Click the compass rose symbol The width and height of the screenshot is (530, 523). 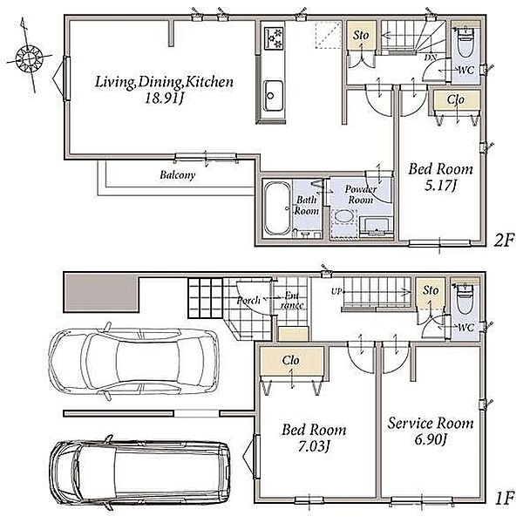coord(30,58)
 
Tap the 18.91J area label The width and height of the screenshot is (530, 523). coord(164,98)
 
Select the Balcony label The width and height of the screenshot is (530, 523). coord(178,175)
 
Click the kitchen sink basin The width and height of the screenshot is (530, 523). coord(273,96)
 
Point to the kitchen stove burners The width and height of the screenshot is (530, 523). coord(274,38)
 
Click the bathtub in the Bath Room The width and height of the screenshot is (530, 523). coord(277,208)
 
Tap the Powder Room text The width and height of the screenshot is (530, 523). coord(361,194)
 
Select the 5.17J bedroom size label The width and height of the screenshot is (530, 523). coord(441,186)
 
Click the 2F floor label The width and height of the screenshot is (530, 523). coord(504,241)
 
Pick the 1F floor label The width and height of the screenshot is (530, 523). coord(505,498)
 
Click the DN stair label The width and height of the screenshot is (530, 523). coord(431,58)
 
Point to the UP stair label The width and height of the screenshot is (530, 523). coord(336,291)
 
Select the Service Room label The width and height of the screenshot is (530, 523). coord(431,424)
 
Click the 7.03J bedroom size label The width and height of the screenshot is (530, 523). coord(314,446)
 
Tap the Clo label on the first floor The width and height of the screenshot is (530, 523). coord(290,360)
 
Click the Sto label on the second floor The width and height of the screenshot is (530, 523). coord(361,35)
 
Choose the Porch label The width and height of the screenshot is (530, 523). coord(248,300)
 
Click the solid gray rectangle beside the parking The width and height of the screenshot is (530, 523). coord(101,293)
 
